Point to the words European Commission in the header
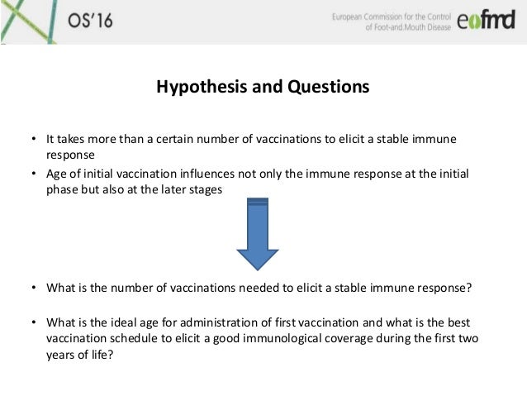371,15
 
